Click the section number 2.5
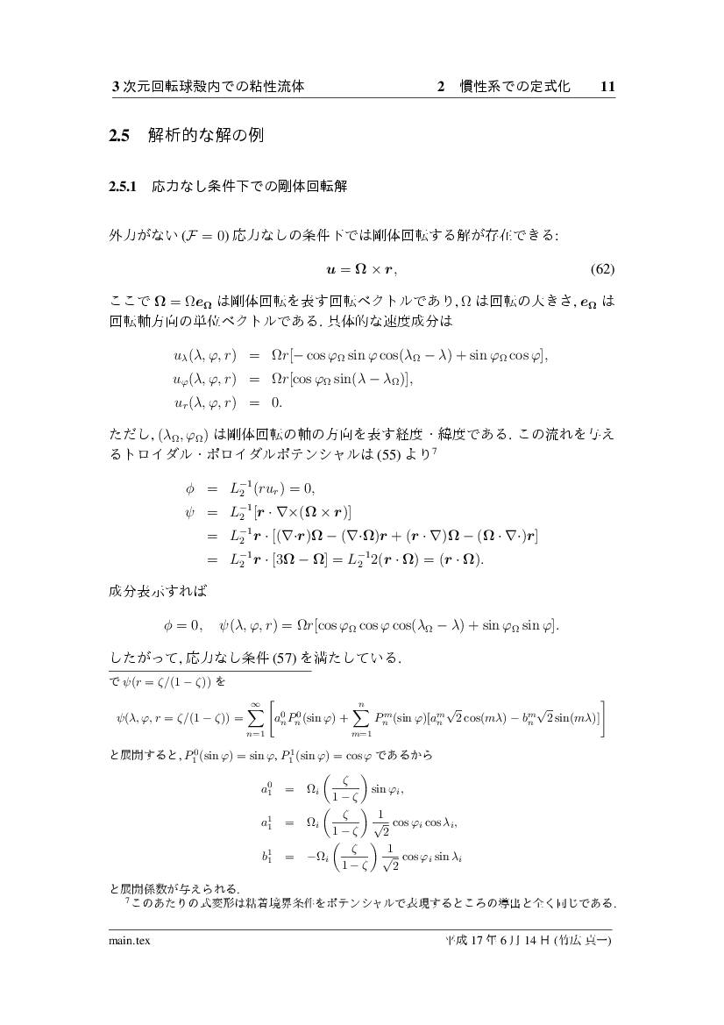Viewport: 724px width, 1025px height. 118,136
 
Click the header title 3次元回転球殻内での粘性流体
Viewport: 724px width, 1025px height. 208,87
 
